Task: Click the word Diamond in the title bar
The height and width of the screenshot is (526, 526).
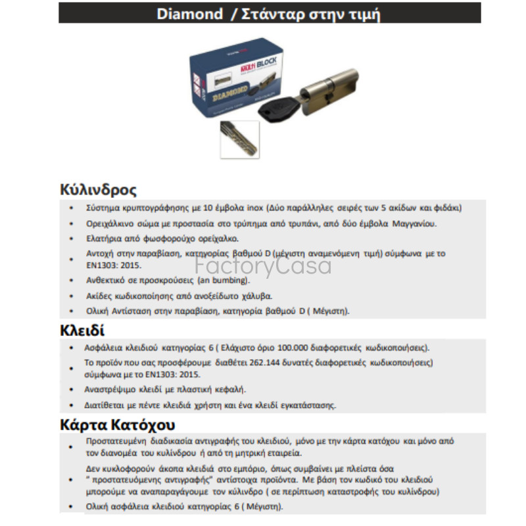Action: [190, 14]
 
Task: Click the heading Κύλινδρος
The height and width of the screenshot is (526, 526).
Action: [98, 191]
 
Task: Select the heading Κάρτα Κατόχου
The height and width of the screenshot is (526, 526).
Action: [118, 424]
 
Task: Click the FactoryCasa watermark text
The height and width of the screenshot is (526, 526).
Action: [263, 267]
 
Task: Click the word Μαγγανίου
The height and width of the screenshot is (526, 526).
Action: [414, 224]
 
